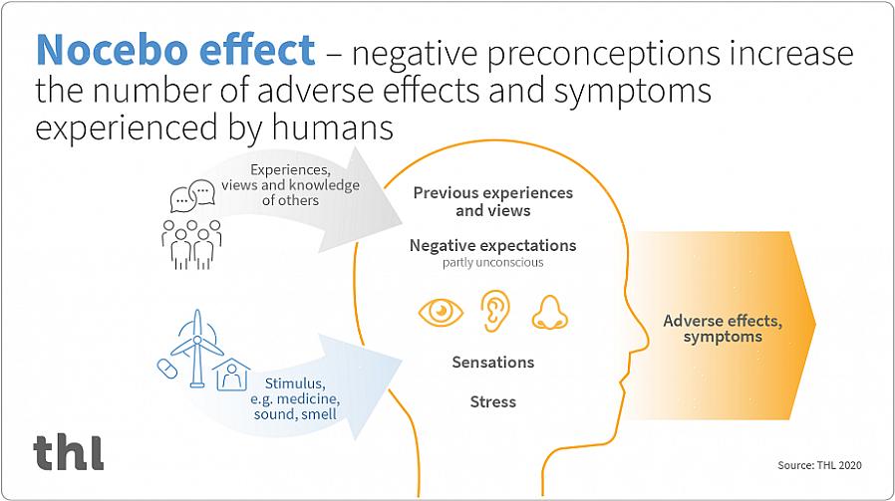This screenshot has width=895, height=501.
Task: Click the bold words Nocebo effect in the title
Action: [x=175, y=51]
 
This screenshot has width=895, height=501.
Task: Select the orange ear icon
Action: [x=493, y=311]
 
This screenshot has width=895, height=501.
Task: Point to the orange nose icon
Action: [x=548, y=312]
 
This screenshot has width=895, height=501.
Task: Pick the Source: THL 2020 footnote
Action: [x=819, y=465]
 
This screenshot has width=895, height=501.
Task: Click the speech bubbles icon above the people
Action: [x=192, y=195]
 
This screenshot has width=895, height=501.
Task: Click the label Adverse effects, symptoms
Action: [x=723, y=329]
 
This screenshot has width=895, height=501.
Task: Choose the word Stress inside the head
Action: [x=493, y=401]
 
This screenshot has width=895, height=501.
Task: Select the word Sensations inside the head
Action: [x=493, y=362]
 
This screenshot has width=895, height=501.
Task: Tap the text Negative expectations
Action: [x=492, y=245]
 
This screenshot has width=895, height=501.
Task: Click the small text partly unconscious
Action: [x=492, y=263]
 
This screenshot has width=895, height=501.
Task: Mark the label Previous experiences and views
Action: [x=492, y=201]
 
